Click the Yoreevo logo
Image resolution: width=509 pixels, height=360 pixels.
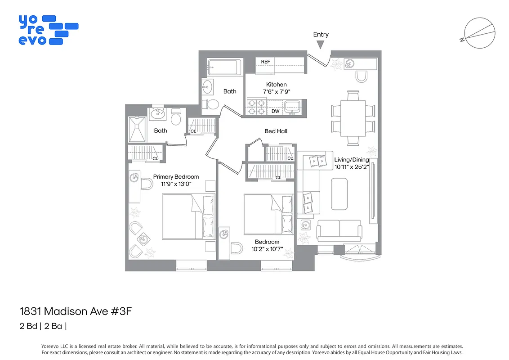48,30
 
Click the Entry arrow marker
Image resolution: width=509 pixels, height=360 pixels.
320,44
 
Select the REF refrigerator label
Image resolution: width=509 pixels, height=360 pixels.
266,62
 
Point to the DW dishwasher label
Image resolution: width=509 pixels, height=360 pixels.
275,111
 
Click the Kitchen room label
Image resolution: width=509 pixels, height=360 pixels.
276,85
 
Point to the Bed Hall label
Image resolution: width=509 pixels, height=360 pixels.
276,131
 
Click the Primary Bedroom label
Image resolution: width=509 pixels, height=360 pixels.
176,177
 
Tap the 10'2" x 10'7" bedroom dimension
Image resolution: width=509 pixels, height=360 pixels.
267,249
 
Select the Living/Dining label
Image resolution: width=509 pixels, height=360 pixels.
351,160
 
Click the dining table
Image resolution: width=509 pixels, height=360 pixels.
353,118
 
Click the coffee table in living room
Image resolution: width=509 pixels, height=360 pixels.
339,194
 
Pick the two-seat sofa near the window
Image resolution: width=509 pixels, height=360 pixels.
339,230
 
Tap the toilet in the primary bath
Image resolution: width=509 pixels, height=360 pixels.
176,118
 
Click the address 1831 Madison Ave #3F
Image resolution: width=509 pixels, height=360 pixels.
76,311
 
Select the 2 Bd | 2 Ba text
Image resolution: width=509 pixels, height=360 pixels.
43,326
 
